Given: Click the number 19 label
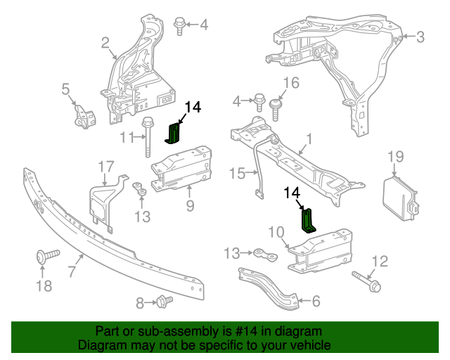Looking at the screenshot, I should [x=396, y=156].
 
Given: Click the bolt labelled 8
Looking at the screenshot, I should [x=165, y=302].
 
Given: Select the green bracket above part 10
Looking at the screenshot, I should [x=309, y=220].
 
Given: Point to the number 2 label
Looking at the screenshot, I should [x=105, y=44].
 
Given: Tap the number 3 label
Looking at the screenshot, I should [x=420, y=37].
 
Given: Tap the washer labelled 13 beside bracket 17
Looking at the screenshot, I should [x=139, y=188].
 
